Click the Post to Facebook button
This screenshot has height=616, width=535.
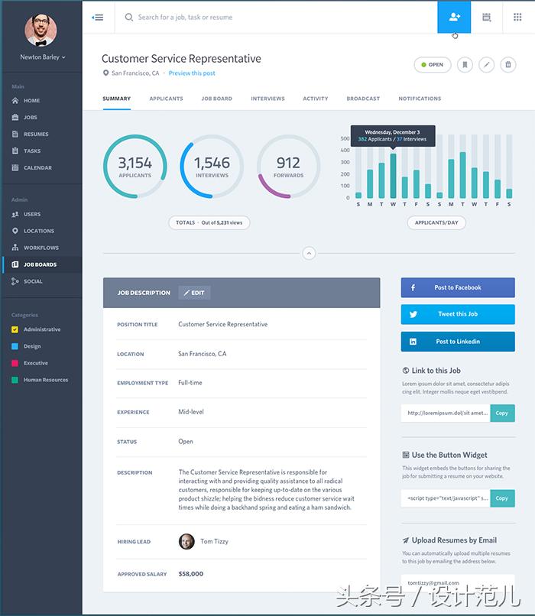point(458,287)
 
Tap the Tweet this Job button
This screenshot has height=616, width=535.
point(458,314)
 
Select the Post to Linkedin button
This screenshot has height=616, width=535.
point(458,342)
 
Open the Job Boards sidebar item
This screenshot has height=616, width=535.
point(40,264)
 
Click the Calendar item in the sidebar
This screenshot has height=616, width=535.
point(37,167)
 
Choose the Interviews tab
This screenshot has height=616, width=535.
point(267,99)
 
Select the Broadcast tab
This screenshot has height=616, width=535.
point(363,99)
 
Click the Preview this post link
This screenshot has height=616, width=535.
point(192,73)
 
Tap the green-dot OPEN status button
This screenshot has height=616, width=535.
point(432,65)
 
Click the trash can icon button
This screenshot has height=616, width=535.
point(507,65)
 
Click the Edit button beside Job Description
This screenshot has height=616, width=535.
point(194,293)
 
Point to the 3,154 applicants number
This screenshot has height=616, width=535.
point(135,163)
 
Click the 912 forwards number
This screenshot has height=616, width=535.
point(288,163)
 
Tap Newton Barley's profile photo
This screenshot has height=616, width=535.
point(41,31)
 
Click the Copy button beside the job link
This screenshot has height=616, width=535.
point(501,413)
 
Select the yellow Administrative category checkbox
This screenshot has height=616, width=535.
point(15,329)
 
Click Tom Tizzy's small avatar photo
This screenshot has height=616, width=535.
point(186,541)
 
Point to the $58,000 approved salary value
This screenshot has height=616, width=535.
point(190,573)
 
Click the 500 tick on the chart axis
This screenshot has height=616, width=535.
point(345,139)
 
